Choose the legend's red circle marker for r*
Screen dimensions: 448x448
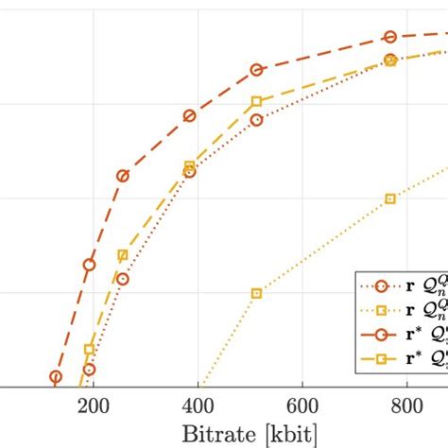[382, 334]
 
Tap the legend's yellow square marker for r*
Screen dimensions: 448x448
[382, 358]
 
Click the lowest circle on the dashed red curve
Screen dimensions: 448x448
[55, 376]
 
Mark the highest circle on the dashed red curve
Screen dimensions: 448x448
[389, 37]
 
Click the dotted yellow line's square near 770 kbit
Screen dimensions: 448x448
[390, 198]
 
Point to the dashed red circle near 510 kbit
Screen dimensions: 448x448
[256, 70]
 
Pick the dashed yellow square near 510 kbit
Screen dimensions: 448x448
[256, 101]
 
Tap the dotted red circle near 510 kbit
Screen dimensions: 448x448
[256, 120]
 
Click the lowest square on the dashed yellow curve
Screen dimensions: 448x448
[89, 350]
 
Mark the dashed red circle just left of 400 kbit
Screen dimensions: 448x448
[189, 115]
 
